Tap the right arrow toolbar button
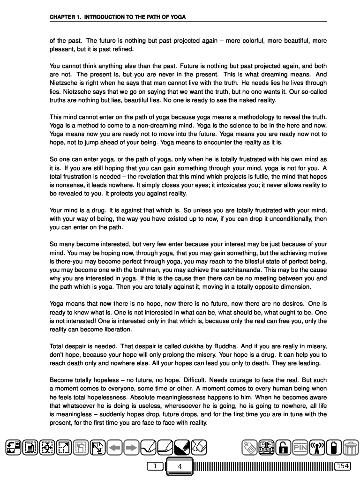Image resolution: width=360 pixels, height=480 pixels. (132, 448)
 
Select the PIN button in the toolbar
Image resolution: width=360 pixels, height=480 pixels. (300, 448)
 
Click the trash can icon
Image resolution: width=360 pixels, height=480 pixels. (350, 448)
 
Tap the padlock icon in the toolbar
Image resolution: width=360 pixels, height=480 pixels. (283, 448)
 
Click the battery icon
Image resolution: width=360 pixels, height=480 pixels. (334, 448)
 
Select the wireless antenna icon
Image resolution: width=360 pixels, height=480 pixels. (317, 448)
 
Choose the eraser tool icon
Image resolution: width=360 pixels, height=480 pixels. (199, 448)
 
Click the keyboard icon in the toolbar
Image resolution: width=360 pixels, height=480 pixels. (266, 448)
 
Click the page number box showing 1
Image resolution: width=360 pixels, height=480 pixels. (154, 466)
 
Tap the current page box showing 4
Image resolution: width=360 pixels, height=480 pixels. (180, 466)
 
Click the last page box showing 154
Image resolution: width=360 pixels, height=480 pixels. (343, 466)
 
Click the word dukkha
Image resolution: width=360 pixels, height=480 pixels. (158, 346)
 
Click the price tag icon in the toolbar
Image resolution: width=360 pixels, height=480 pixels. (249, 448)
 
